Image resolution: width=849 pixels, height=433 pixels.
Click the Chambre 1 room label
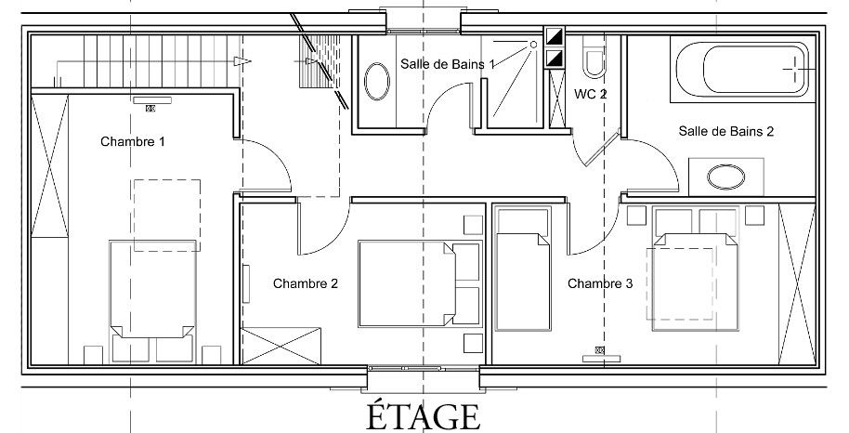(x=133, y=142)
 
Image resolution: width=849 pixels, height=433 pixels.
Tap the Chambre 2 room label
(x=306, y=283)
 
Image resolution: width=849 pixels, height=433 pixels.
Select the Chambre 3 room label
(x=600, y=283)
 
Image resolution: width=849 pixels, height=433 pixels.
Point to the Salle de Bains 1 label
(x=447, y=64)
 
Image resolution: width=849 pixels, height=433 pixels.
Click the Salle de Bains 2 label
(x=726, y=131)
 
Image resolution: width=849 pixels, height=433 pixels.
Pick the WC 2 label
(x=590, y=94)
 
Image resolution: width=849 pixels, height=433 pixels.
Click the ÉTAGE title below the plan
(x=424, y=416)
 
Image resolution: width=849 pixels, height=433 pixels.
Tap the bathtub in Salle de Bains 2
(x=742, y=69)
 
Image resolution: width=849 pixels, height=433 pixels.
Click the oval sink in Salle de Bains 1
(x=377, y=82)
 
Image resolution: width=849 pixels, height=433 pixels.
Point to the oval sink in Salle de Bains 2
(x=726, y=177)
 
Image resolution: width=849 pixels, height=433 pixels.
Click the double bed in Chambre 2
(x=420, y=284)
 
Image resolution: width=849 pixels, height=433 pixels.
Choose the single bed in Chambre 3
(x=523, y=268)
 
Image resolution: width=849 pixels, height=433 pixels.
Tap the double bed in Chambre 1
(x=152, y=302)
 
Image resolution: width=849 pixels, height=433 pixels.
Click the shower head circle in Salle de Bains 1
(x=533, y=45)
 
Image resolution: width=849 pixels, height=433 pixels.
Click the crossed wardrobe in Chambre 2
(x=281, y=346)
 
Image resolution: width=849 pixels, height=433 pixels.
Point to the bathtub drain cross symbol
(x=797, y=69)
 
